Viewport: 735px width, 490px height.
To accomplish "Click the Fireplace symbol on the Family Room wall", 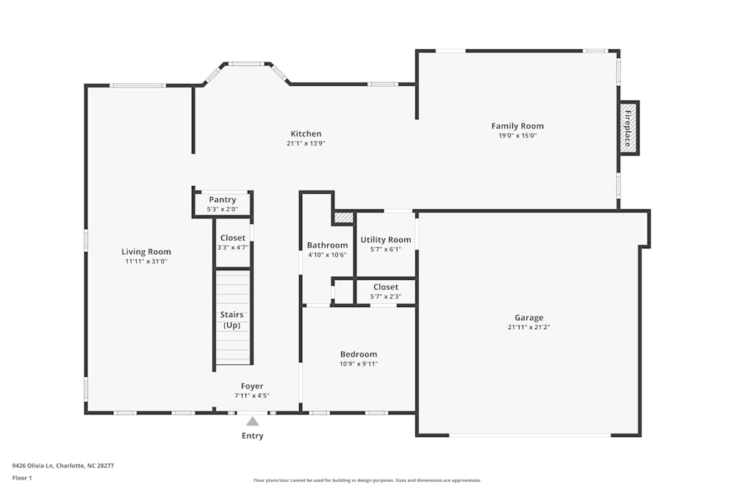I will pos(628,128).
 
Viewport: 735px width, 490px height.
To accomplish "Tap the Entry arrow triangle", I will pos(252,422).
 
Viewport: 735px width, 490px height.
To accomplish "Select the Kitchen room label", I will pos(306,134).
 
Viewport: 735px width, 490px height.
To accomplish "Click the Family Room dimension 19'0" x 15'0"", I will pos(517,136).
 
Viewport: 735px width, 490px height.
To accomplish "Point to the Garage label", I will pos(528,318).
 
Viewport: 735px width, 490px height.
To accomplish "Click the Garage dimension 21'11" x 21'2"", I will pos(528,328).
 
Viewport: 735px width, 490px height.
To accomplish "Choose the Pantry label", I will pos(222,200).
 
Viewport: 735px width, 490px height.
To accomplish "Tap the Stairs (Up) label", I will pos(232,320).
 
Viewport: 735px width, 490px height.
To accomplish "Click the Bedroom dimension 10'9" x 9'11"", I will pos(359,364).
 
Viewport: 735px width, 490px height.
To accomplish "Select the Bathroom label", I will pos(327,245).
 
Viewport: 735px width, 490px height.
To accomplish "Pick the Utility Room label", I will pos(386,239).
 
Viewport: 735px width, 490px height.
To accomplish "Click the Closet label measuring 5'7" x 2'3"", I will pos(386,287).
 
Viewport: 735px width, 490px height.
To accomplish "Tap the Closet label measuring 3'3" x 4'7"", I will pos(233,238).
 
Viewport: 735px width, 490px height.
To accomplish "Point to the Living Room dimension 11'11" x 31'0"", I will pos(146,262).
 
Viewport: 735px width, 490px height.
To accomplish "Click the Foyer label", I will pos(252,386).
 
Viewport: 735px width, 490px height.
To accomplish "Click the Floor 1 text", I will pos(22,478).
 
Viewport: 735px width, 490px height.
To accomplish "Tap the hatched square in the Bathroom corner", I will pos(343,217).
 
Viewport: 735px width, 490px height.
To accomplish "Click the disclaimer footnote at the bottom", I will pos(367,480).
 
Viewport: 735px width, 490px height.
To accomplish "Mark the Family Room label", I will pos(517,126).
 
